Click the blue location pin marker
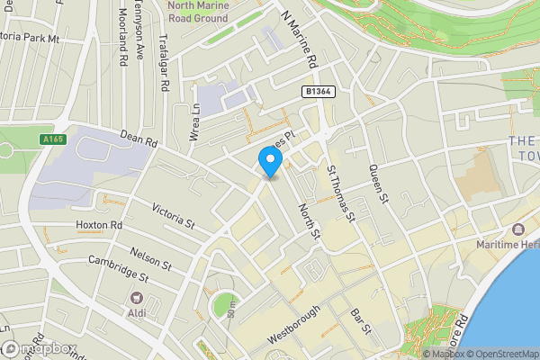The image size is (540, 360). (270, 160)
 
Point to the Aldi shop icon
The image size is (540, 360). (136, 298)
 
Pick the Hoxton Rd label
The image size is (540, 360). (98, 224)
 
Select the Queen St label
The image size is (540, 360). (376, 184)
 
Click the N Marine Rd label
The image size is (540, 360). (301, 40)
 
